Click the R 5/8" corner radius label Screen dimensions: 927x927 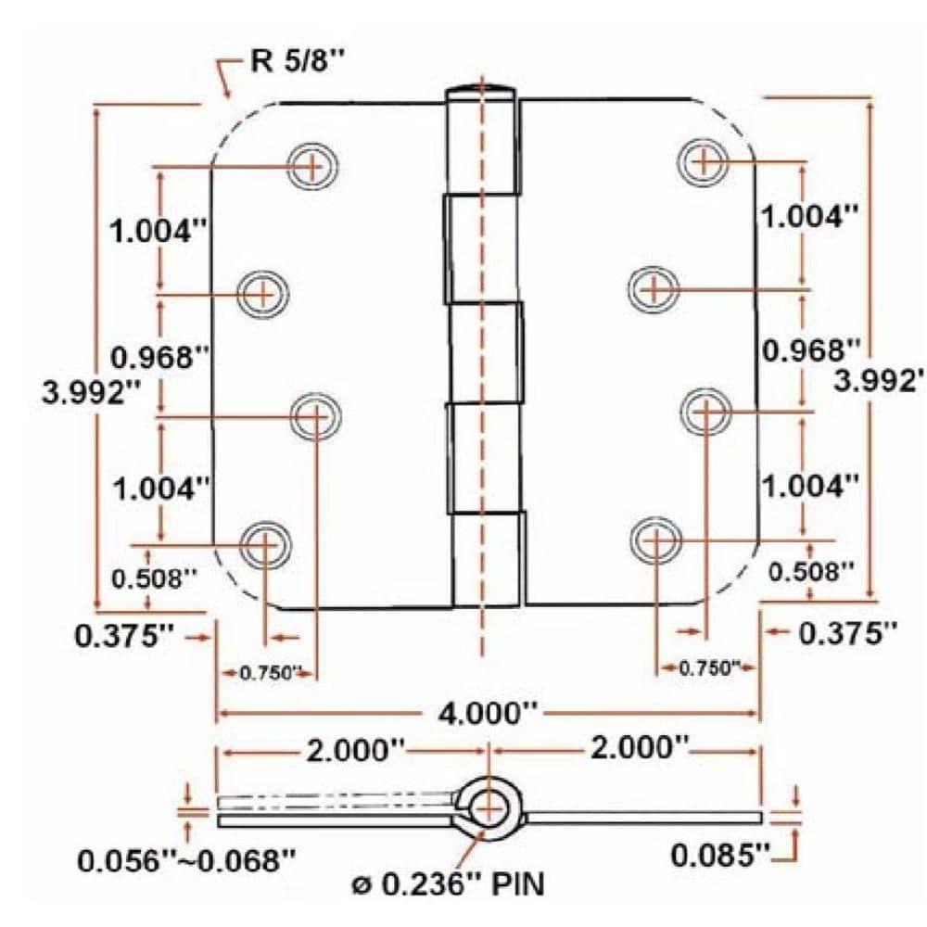[x=294, y=62]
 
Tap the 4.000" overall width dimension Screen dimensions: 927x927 [x=489, y=714]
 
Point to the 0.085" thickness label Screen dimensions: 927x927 [x=720, y=855]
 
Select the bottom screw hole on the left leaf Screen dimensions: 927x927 [x=264, y=541]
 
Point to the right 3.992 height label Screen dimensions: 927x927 [x=879, y=380]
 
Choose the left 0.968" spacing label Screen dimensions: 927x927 [x=157, y=357]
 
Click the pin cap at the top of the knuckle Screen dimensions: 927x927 [x=480, y=92]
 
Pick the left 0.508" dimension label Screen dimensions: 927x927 [x=155, y=578]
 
